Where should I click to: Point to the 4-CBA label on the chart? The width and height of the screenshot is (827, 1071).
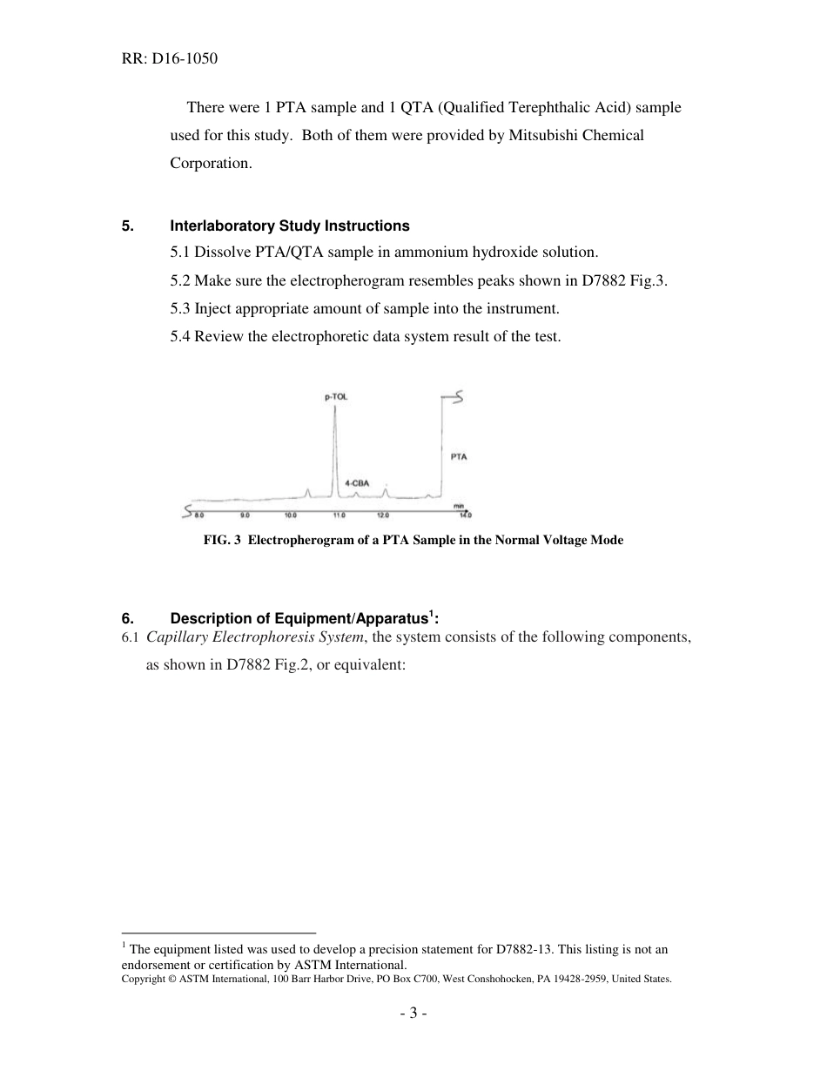tap(357, 482)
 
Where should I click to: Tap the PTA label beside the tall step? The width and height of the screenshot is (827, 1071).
tap(458, 456)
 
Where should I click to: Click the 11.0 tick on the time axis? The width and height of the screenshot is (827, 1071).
tap(339, 515)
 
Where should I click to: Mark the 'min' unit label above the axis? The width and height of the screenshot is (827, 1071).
tap(458, 505)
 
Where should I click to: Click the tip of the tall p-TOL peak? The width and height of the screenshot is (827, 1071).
tap(335, 406)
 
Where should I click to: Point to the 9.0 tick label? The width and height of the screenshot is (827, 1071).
tap(245, 515)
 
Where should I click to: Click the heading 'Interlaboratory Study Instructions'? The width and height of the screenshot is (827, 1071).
tap(289, 226)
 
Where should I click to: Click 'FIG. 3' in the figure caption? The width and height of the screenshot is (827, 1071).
tap(221, 540)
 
